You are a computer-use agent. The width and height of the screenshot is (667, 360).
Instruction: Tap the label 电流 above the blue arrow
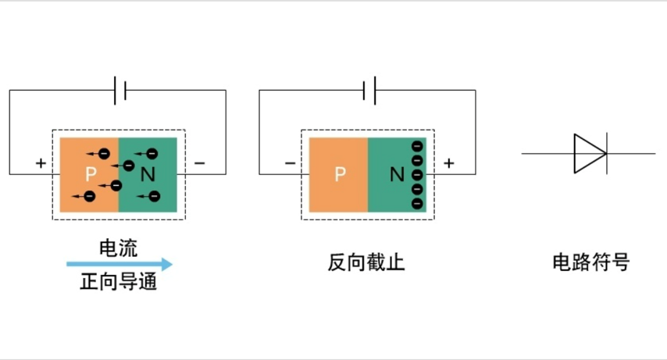(118, 248)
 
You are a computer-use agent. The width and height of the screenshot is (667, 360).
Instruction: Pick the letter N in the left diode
(148, 174)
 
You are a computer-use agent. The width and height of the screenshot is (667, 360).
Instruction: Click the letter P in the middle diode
(339, 175)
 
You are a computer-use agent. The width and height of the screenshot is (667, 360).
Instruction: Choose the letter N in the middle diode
(397, 175)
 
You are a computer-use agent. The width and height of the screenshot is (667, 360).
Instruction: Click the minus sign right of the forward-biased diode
(199, 163)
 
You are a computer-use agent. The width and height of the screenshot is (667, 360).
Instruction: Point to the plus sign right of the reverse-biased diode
(448, 163)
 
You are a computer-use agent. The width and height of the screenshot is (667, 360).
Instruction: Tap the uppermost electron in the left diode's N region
(151, 153)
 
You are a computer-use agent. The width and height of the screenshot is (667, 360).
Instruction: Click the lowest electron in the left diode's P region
(90, 195)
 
